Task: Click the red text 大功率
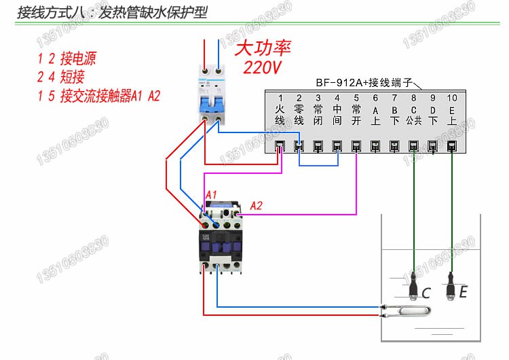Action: (263, 48)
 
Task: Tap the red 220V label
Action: (262, 67)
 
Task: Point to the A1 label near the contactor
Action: (211, 195)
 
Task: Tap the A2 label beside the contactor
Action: (257, 206)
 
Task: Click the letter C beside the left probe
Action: (426, 293)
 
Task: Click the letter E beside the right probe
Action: (463, 292)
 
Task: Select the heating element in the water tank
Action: (408, 311)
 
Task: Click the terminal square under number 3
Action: (318, 145)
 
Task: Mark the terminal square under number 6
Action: (375, 145)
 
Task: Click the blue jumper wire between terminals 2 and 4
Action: (318, 165)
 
